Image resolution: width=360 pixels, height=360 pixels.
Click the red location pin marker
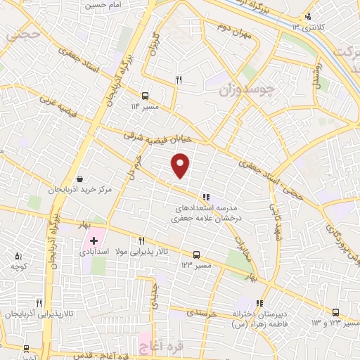181,167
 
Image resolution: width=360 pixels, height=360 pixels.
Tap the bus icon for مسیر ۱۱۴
145,95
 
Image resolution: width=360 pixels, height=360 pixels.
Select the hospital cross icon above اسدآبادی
94,240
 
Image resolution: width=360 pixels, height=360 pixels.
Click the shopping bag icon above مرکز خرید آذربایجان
80,179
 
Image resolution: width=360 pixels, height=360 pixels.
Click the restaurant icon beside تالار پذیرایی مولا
142,240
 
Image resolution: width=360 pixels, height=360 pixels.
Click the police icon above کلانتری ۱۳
307,17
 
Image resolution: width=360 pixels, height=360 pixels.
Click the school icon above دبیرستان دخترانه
261,303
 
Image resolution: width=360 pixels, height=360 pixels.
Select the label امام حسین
99,5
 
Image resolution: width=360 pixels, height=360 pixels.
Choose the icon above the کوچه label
18,257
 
